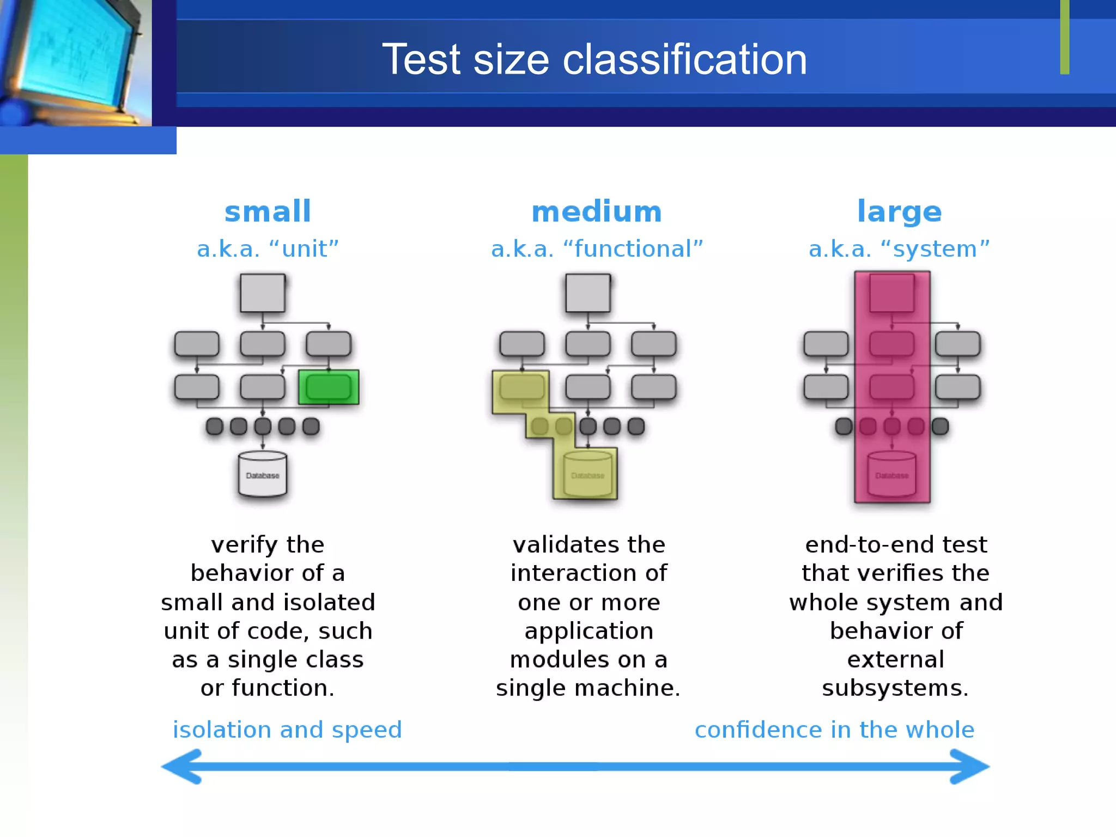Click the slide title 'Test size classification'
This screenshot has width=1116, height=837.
[594, 59]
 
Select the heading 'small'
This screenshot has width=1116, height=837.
[268, 211]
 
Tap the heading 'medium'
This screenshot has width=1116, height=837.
[597, 211]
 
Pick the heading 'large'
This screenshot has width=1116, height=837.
[899, 211]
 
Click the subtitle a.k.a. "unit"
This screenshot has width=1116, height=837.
[268, 249]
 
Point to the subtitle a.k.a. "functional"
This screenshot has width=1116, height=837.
[597, 249]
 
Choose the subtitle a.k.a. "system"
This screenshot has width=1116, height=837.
[899, 249]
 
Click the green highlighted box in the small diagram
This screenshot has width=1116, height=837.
[329, 387]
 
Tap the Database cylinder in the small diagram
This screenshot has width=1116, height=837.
[263, 474]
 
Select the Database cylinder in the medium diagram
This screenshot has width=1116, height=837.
[587, 474]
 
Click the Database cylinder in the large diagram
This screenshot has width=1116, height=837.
[891, 474]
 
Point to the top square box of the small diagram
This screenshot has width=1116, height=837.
[263, 293]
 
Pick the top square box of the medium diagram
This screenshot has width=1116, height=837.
[588, 293]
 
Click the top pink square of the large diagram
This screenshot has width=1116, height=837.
[892, 293]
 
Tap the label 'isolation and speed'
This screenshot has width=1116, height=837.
[287, 730]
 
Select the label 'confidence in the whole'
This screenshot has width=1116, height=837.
[834, 730]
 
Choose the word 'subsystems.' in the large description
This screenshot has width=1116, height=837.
[895, 688]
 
